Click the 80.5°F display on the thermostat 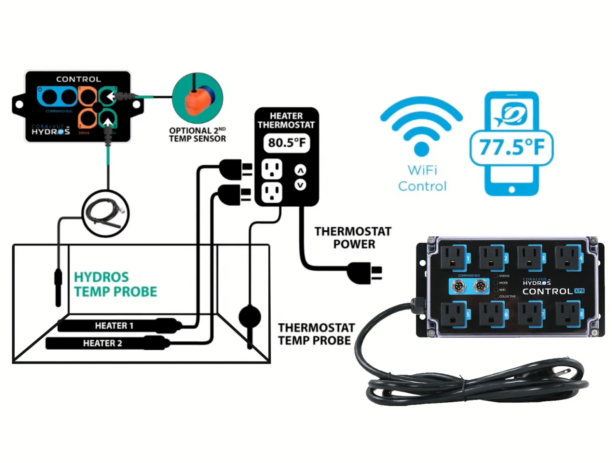287,143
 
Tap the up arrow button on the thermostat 300,170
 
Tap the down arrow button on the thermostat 300,185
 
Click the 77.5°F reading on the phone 511,147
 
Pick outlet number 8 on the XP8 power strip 568,314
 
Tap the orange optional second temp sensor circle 198,98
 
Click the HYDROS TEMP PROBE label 115,284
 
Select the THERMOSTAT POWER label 353,238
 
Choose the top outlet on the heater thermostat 272,169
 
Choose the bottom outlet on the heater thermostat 272,193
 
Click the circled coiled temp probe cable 106,213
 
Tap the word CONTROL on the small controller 78,79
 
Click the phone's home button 511,189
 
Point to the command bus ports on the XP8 469,287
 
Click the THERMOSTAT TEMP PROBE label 316,334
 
